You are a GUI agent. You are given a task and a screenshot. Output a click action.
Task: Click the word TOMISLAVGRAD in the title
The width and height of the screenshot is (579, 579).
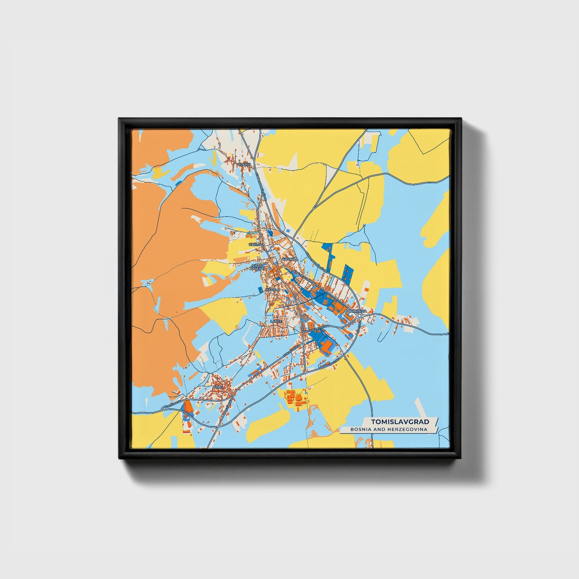coord(400,422)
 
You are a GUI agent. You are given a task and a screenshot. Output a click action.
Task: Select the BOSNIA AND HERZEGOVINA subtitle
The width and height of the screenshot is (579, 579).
coord(388,429)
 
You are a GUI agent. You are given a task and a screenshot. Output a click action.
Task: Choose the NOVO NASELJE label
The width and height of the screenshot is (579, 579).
coord(257,267)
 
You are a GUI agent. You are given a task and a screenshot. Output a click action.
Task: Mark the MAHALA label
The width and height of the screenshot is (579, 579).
coord(272,289)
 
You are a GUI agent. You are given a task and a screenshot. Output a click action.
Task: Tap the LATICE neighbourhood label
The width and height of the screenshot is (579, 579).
coord(276,321)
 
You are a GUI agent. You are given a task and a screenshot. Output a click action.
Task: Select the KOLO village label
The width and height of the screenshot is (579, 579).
coord(218,387)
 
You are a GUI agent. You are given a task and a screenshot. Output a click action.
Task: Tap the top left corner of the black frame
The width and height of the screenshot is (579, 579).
coord(119,119)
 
